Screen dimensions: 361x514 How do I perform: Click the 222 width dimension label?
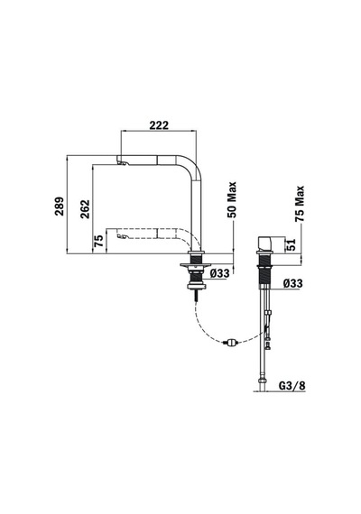(159, 125)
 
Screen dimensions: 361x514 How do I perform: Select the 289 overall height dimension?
(60, 206)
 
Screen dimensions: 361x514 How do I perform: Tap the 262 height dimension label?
(85, 209)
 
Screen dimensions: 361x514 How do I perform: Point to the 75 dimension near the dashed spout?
(98, 240)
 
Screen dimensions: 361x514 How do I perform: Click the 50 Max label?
(232, 199)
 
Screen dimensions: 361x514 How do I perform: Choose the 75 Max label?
(300, 204)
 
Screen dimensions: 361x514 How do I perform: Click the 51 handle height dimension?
(292, 244)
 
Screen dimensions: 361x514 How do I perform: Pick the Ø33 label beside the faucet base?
(219, 272)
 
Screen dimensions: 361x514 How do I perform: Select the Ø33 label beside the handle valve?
(292, 283)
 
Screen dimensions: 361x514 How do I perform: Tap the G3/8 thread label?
(292, 386)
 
